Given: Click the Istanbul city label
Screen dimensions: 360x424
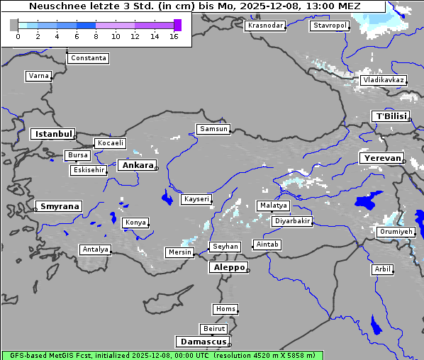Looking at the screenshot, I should tap(52, 134).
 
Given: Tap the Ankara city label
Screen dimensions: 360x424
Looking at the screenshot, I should tap(137, 165).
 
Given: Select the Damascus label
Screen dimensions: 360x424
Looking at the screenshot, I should tap(202, 342).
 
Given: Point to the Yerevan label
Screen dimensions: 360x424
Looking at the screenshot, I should tap(381, 158).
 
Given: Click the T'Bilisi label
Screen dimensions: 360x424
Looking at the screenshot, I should tap(390, 116).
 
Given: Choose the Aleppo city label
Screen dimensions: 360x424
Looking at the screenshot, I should tap(228, 267).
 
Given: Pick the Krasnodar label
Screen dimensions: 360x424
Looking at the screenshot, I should tap(265, 26).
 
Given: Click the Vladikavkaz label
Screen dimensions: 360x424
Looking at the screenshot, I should tap(383, 80).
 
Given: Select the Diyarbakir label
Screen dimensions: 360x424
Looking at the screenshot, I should tap(291, 221).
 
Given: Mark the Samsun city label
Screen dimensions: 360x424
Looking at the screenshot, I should tap(213, 129).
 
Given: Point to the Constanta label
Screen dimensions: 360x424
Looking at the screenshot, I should tap(89, 58).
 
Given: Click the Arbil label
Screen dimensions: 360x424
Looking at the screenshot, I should tap(382, 269).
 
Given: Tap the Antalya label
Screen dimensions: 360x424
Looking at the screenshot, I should tap(95, 249).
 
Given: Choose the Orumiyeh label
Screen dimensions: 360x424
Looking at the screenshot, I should tap(395, 232).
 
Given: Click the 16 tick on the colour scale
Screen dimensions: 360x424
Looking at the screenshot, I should tap(174, 36).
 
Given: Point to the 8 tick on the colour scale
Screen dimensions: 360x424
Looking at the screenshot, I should tap(96, 36).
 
